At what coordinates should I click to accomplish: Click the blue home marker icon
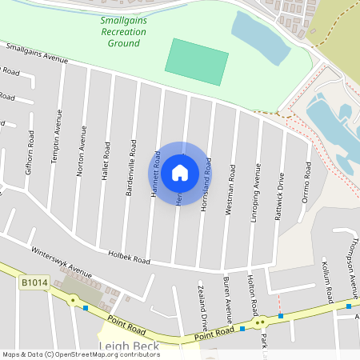point(180,172)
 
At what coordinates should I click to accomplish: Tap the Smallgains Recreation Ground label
point(124,31)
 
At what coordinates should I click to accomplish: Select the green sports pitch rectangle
point(196,62)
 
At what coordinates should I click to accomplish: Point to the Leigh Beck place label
point(128,346)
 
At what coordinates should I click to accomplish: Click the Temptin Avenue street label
point(56,137)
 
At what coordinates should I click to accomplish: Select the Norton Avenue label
point(81,143)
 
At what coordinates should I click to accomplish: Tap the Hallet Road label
point(106,161)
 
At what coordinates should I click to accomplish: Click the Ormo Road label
point(306,183)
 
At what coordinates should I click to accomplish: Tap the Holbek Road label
point(130,259)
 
